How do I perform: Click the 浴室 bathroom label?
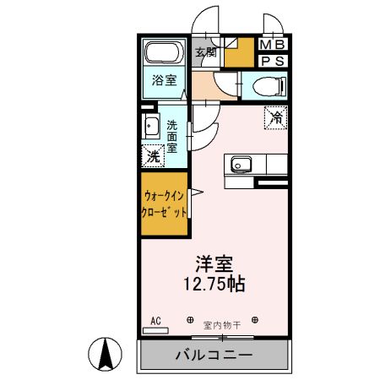pyautogui.click(x=164, y=80)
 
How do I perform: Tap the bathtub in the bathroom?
pyautogui.click(x=163, y=55)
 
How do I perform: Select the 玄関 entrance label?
pyautogui.click(x=206, y=52)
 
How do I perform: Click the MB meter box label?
pyautogui.click(x=272, y=45)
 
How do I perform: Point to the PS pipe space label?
pyautogui.click(x=272, y=61)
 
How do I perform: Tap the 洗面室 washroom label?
pyautogui.click(x=172, y=134)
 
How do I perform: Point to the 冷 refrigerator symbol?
pyautogui.click(x=275, y=118)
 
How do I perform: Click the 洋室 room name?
pyautogui.click(x=214, y=264)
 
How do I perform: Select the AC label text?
pyautogui.click(x=155, y=321)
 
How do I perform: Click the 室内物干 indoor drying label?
pyautogui.click(x=223, y=323)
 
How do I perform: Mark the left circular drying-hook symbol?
pyautogui.click(x=189, y=321)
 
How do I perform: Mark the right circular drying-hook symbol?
pyautogui.click(x=255, y=321)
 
